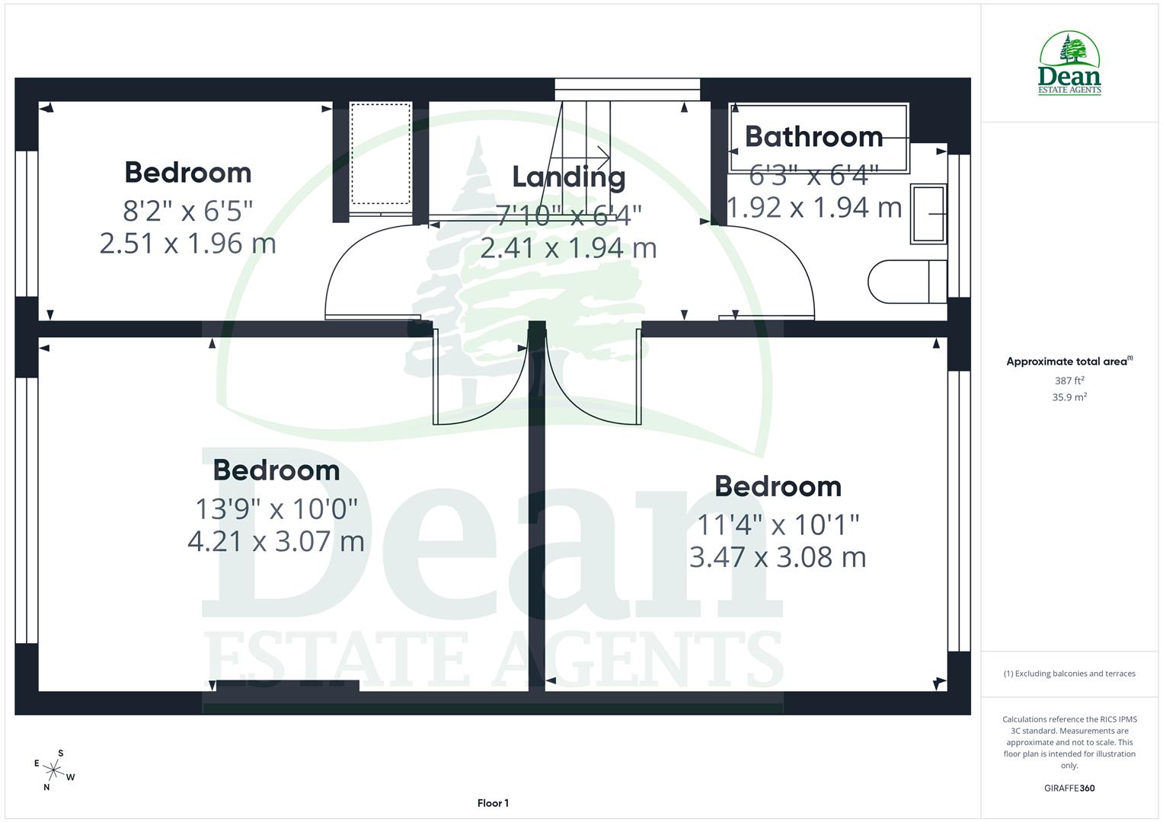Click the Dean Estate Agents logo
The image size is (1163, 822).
click(x=1069, y=64)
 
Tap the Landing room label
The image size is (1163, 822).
click(x=568, y=177)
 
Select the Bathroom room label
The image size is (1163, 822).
click(x=813, y=136)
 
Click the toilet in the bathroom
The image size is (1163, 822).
click(x=906, y=282)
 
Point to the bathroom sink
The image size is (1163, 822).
click(x=928, y=214)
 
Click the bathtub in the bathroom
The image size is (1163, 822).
click(x=819, y=138)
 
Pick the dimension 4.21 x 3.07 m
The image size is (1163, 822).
click(x=276, y=541)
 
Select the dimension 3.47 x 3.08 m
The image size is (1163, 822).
click(x=778, y=557)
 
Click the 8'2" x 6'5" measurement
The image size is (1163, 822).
click(x=187, y=209)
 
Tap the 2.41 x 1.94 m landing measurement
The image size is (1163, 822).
click(x=568, y=248)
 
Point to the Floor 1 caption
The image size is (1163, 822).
click(x=493, y=803)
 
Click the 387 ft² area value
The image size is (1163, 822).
click(x=1069, y=381)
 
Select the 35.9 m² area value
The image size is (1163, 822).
click(x=1069, y=397)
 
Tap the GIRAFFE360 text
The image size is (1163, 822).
click(x=1069, y=788)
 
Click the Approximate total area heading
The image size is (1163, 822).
click(x=1069, y=362)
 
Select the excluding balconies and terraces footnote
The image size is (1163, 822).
click(x=1069, y=674)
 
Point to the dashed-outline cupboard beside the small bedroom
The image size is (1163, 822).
click(x=381, y=155)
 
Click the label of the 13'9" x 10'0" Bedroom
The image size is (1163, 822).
click(x=276, y=470)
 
